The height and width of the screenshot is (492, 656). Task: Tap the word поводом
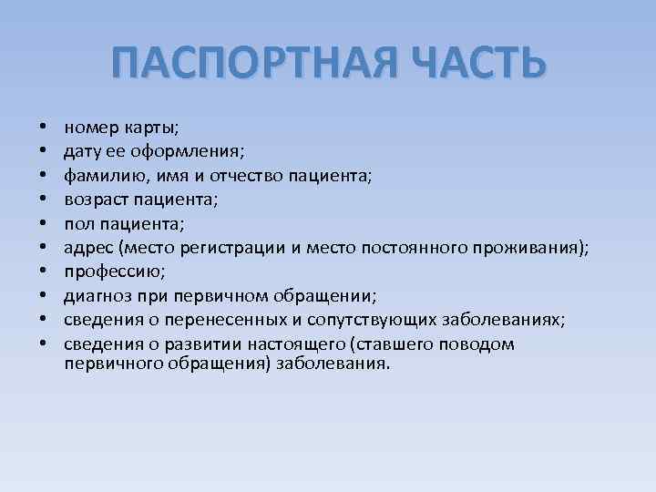(474, 343)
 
